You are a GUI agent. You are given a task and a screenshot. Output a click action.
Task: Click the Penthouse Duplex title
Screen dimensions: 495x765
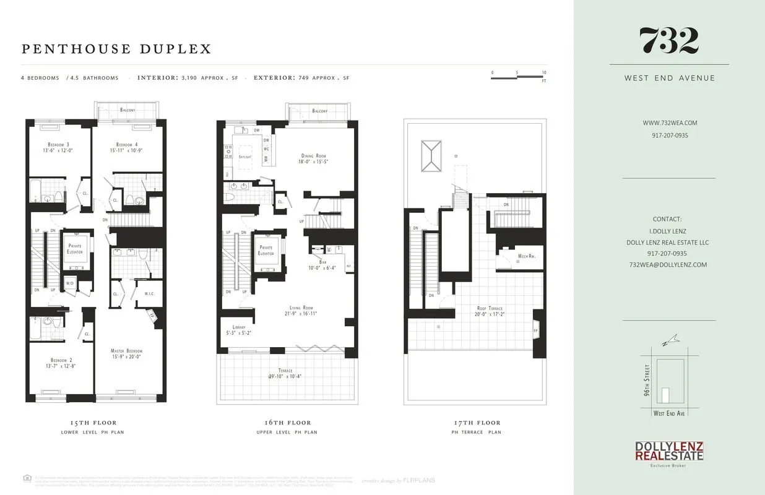pyautogui.click(x=116, y=49)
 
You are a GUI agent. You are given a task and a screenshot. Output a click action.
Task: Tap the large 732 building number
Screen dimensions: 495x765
pyautogui.click(x=668, y=41)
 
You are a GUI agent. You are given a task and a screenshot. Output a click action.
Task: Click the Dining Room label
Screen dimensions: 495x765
pyautogui.click(x=313, y=156)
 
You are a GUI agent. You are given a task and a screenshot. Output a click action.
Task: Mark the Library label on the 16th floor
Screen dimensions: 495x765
pyautogui.click(x=239, y=327)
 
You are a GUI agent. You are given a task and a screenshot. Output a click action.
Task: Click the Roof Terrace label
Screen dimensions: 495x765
pyautogui.click(x=490, y=308)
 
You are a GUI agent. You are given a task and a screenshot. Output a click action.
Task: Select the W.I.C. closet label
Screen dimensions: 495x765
pyautogui.click(x=149, y=294)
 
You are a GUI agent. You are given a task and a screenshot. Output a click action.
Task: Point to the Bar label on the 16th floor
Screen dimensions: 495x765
pyautogui.click(x=322, y=262)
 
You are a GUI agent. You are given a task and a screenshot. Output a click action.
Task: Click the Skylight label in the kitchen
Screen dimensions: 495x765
pyautogui.click(x=245, y=157)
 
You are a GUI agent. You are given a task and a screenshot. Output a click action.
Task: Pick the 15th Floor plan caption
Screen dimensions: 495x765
pyautogui.click(x=92, y=423)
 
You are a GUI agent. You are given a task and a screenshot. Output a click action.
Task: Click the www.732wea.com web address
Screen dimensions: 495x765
pyautogui.click(x=670, y=123)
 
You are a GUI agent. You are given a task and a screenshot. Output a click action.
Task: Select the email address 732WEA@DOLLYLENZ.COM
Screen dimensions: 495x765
pyautogui.click(x=668, y=264)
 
